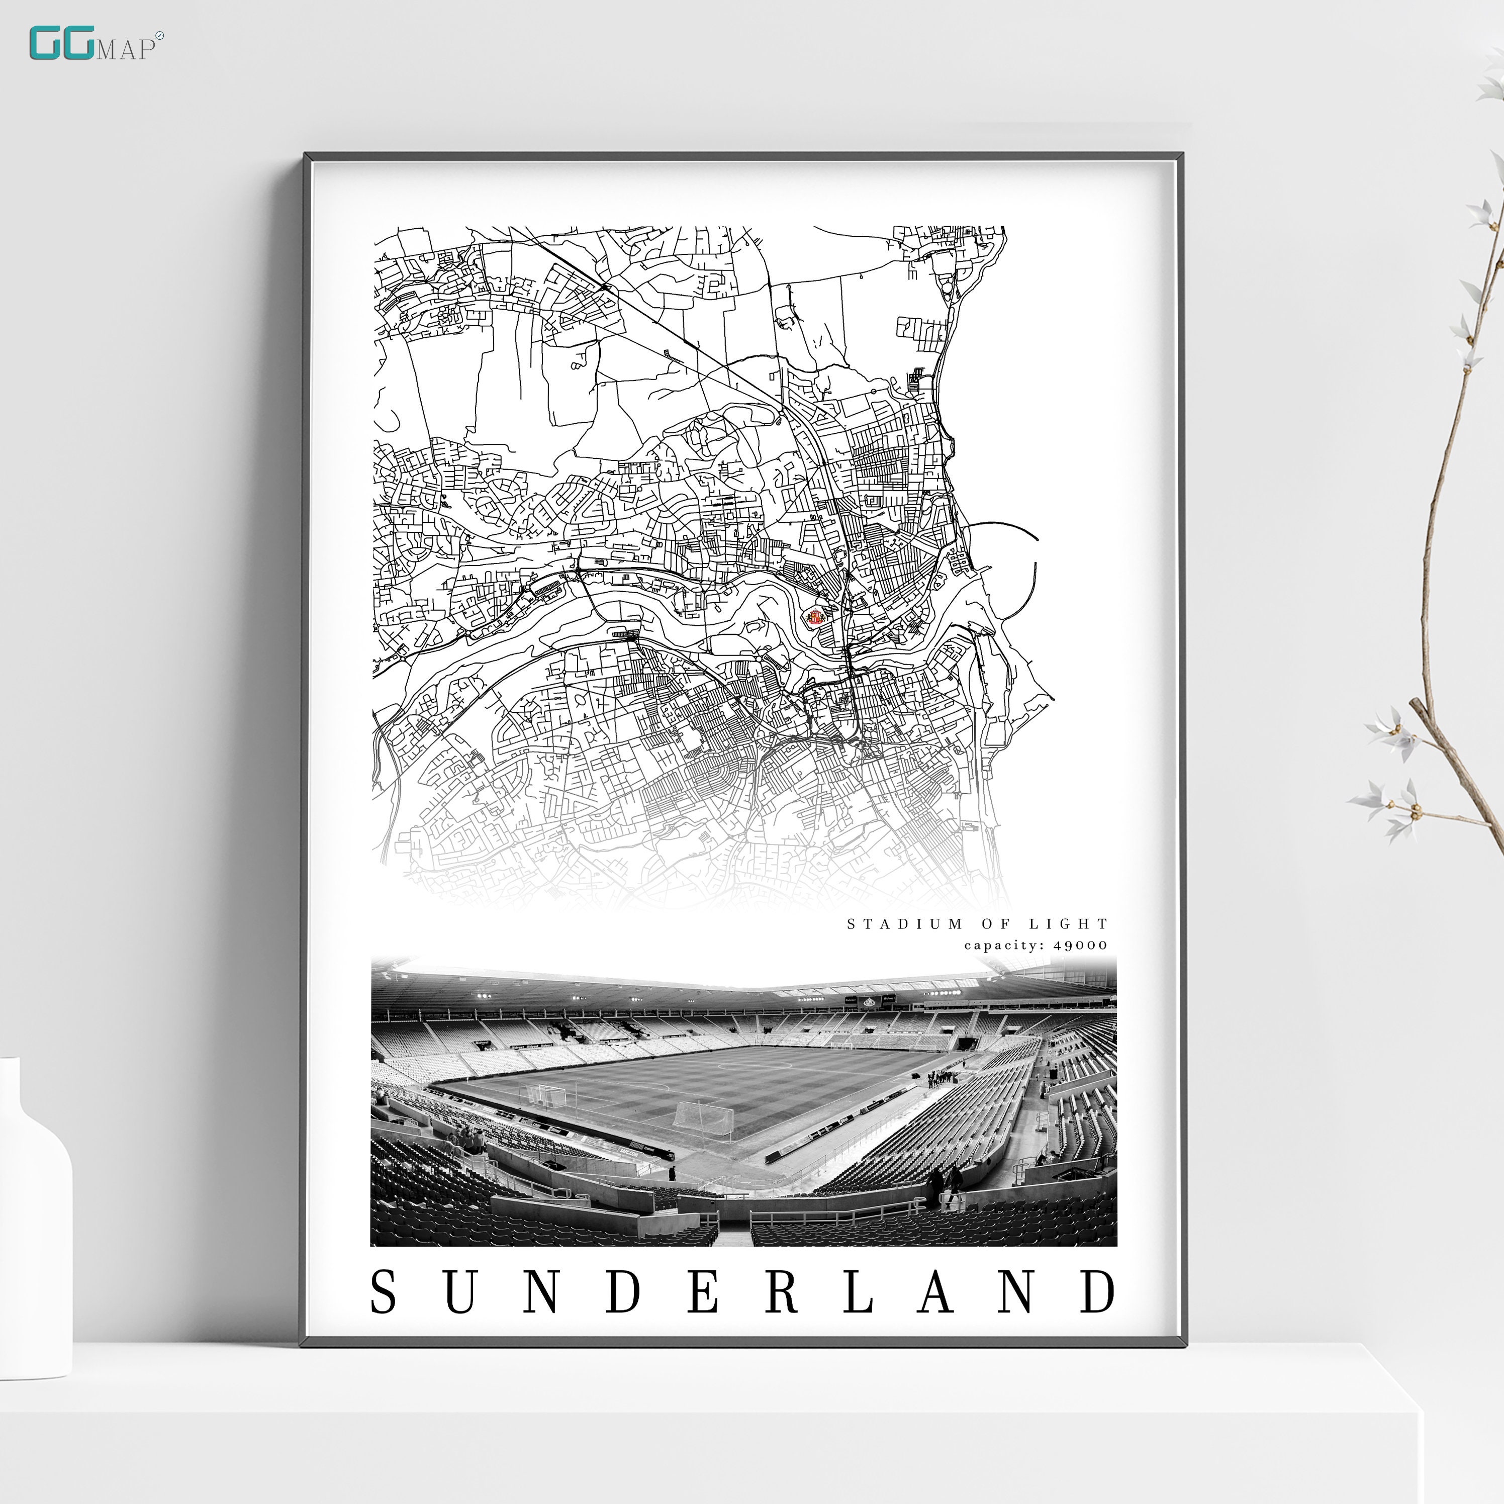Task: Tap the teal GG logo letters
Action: click(x=62, y=44)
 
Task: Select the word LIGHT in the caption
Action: click(x=1068, y=924)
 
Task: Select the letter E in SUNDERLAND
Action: click(x=702, y=1291)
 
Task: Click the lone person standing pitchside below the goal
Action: click(x=672, y=1172)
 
